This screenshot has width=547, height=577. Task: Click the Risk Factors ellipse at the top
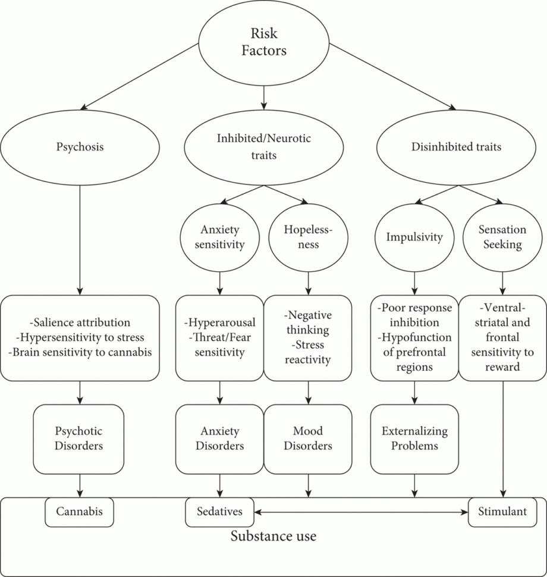(263, 43)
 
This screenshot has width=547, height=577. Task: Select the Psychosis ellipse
(80, 147)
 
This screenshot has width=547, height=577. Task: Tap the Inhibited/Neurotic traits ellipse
(263, 147)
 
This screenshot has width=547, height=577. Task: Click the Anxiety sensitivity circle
(221, 237)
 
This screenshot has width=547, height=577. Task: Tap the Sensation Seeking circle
(502, 237)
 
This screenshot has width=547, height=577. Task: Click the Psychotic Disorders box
(80, 438)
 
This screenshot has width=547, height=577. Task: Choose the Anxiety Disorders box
(220, 438)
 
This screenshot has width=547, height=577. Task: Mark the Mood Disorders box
(307, 438)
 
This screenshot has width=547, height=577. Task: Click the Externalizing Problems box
(414, 438)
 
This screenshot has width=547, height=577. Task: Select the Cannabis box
(80, 512)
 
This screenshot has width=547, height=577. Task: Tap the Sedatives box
(220, 512)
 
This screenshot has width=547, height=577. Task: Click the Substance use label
(273, 537)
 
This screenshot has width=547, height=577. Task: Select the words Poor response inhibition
(414, 315)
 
